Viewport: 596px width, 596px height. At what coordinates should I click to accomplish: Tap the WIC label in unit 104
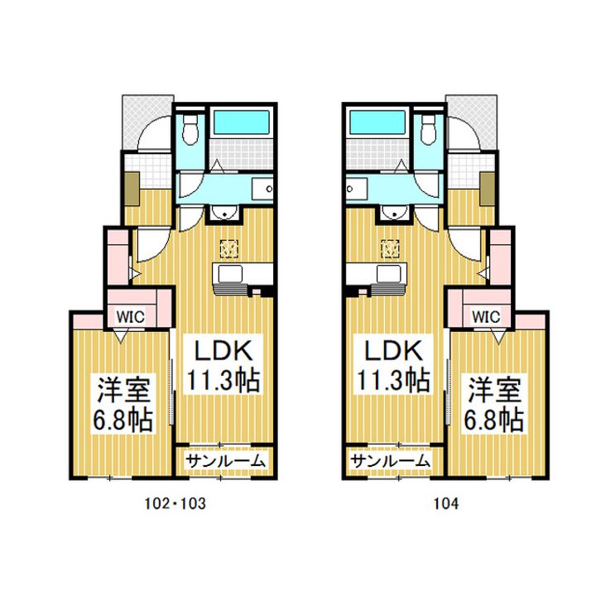(487, 315)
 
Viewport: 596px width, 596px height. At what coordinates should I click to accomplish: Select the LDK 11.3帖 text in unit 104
(392, 364)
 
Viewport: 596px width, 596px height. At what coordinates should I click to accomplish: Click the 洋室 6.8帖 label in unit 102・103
(123, 404)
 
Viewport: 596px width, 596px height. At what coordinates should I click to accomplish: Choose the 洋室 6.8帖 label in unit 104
(493, 404)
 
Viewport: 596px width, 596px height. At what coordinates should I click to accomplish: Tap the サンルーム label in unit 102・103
(225, 461)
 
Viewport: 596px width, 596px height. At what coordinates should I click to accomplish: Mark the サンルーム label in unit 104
(390, 461)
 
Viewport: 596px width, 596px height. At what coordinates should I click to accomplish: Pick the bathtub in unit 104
(376, 124)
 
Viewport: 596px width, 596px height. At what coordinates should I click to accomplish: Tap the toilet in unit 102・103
(190, 128)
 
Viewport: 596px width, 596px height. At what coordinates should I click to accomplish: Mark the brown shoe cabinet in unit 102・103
(131, 190)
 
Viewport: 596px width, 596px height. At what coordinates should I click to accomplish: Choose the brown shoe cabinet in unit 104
(485, 190)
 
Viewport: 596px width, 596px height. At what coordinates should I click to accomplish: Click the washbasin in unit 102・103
(224, 214)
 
